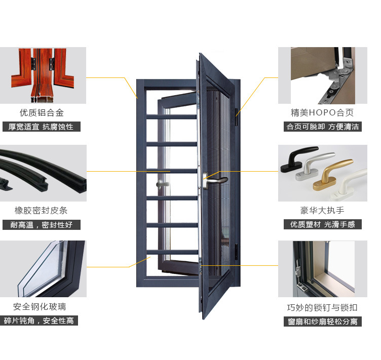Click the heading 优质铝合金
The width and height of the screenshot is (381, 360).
[42, 112]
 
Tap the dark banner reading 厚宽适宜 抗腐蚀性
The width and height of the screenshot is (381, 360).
[42, 127]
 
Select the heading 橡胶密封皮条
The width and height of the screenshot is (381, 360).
[41, 210]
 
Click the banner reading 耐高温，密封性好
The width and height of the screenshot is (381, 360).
[42, 225]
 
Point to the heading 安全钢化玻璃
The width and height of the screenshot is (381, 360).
[40, 307]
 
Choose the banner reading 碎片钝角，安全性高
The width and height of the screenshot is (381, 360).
[39, 321]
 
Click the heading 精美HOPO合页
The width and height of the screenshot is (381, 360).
[322, 112]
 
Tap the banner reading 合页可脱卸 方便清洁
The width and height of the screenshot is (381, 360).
[323, 127]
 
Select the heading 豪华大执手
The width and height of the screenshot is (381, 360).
[322, 210]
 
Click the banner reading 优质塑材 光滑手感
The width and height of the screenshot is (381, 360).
[323, 224]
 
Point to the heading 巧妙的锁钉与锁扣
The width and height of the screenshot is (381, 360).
[322, 307]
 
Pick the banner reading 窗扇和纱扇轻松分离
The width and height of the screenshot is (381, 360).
[323, 322]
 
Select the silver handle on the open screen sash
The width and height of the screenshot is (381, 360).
[214, 180]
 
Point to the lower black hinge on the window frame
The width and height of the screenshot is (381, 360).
[237, 252]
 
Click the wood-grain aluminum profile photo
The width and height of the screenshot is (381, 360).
[43, 75]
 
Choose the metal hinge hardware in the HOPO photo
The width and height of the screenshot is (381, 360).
[338, 80]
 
